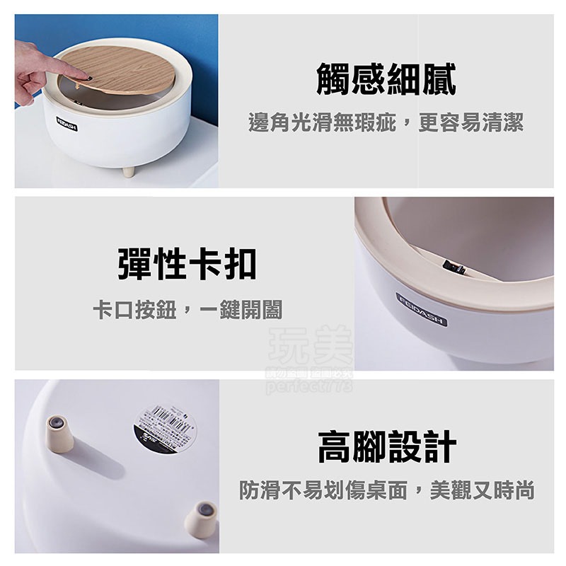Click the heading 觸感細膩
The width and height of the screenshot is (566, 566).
386,79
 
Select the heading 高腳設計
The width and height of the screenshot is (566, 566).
386,447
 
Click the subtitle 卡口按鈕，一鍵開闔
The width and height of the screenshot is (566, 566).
187,310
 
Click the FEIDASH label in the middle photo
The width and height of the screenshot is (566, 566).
422,309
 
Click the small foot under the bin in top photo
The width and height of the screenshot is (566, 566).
128,170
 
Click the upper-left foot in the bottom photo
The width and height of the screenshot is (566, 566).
59,433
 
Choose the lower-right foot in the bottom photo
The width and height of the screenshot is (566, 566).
202,518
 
